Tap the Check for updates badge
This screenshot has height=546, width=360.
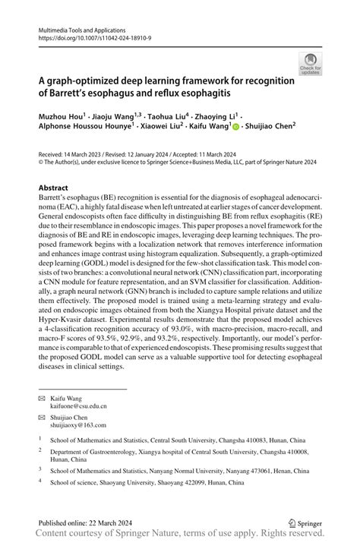pos(311,64)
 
